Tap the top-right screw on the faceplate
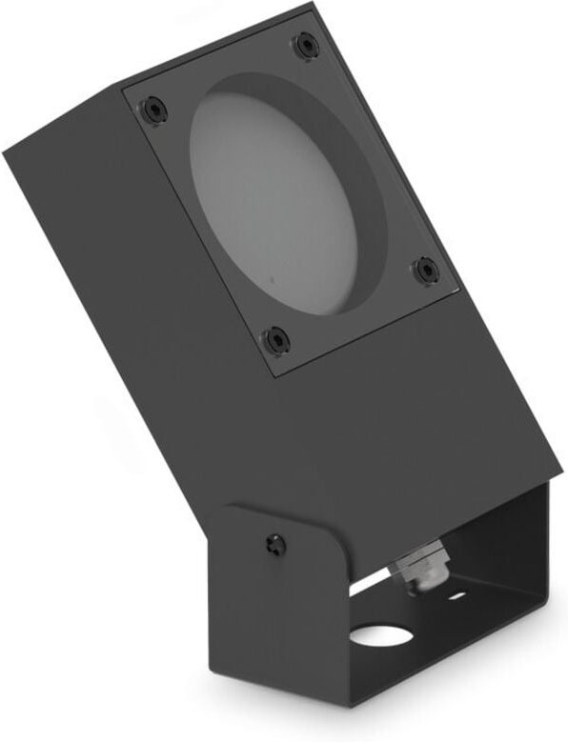pyautogui.click(x=304, y=44)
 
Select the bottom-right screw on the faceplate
pyautogui.click(x=424, y=270)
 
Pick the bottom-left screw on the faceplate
pyautogui.click(x=275, y=338)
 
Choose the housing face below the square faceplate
pyautogui.click(x=400, y=419)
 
